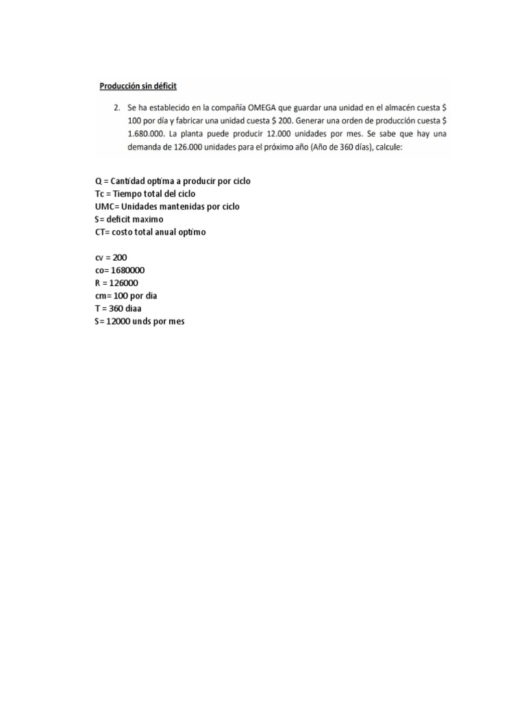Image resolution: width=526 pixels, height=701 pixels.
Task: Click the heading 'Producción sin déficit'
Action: point(138,86)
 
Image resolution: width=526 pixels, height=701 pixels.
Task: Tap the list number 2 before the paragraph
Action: point(117,107)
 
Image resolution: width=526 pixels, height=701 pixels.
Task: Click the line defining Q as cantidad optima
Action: point(173,181)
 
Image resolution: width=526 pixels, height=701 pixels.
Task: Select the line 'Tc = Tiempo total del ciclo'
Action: point(145,194)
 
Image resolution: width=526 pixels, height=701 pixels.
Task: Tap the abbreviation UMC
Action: point(105,207)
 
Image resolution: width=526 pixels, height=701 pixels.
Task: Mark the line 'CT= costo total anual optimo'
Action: point(150,232)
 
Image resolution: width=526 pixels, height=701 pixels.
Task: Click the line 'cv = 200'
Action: point(111,257)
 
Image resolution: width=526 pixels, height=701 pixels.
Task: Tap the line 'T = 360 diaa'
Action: point(118,308)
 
